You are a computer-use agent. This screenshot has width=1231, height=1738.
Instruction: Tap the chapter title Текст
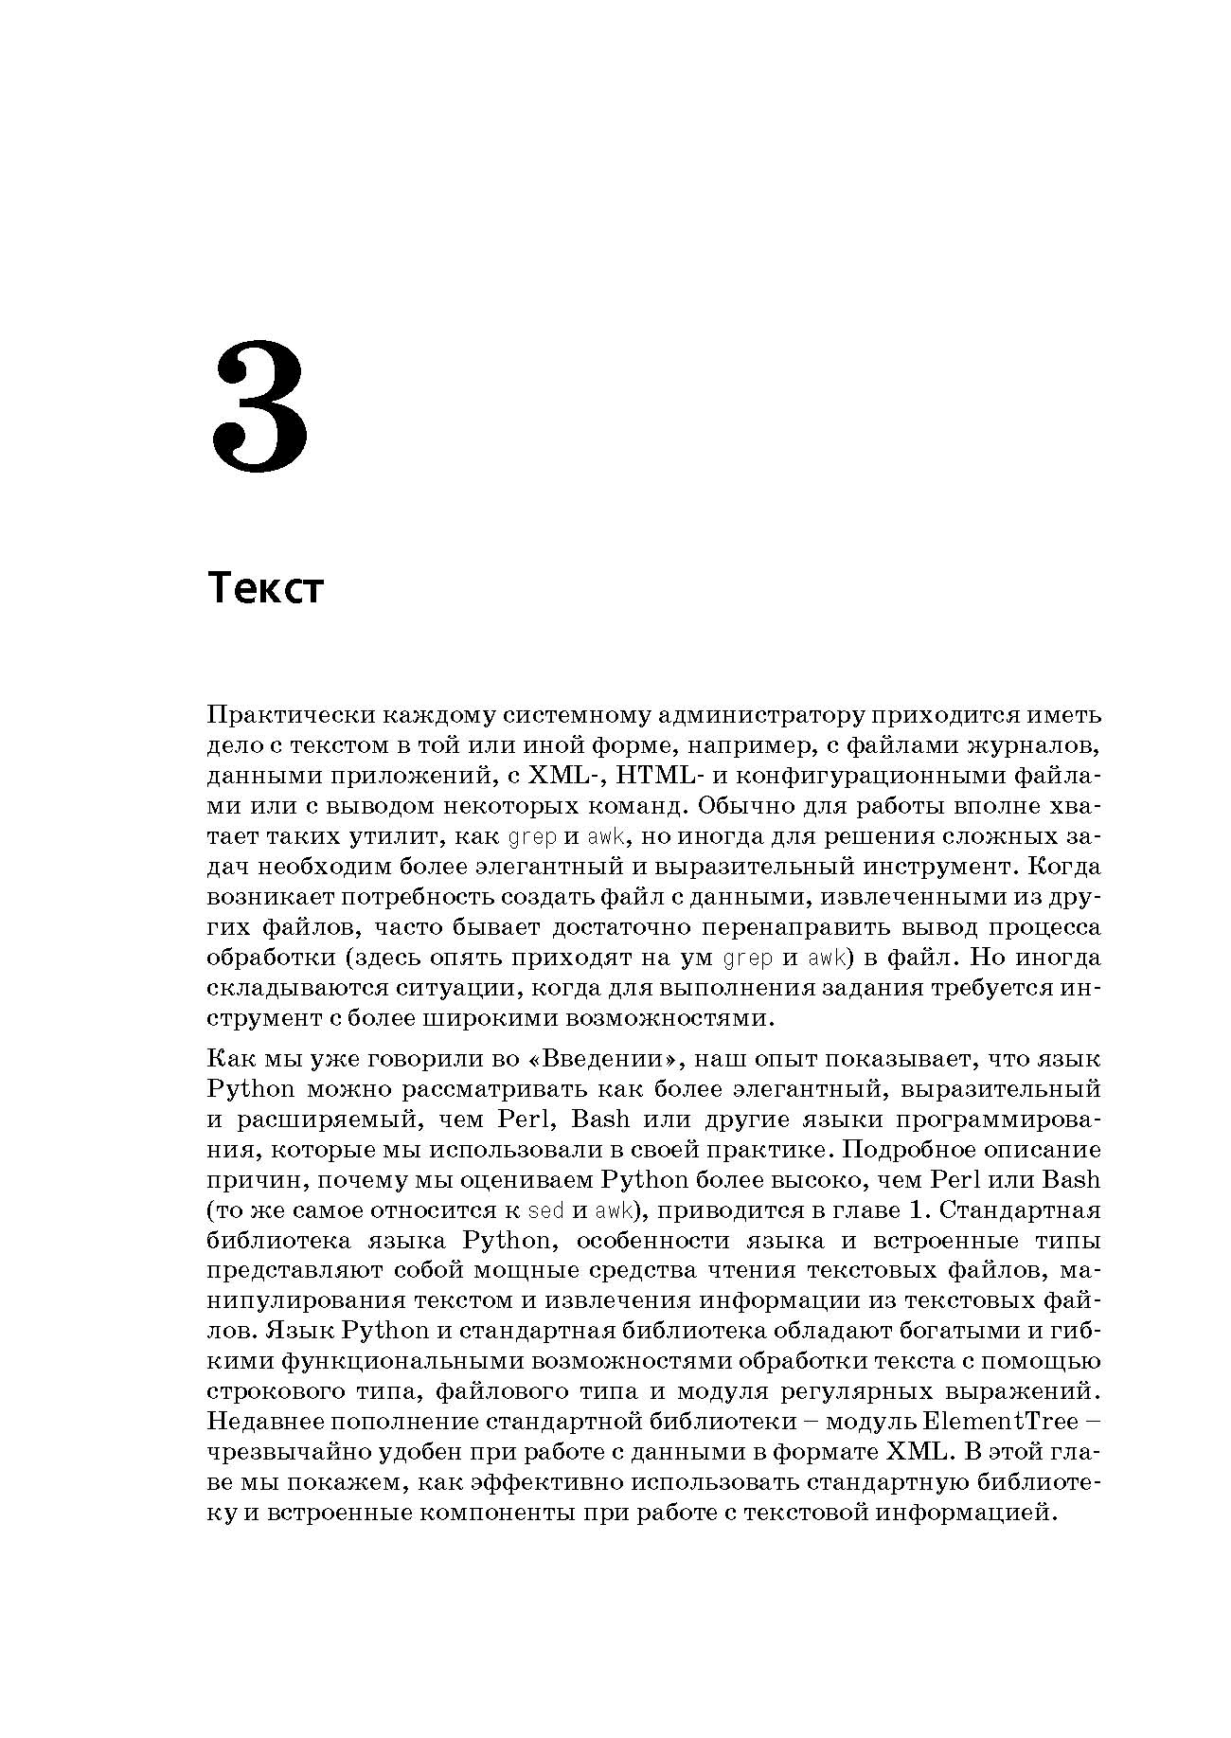(x=265, y=589)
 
